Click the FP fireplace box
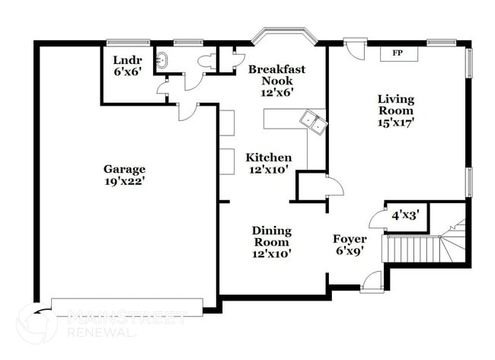[397, 53]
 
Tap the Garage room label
[125, 169]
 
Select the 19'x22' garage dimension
[125, 181]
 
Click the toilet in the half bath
[204, 61]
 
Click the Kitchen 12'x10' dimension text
[268, 169]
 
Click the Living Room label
[395, 105]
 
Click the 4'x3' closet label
[404, 215]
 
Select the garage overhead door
[127, 307]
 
